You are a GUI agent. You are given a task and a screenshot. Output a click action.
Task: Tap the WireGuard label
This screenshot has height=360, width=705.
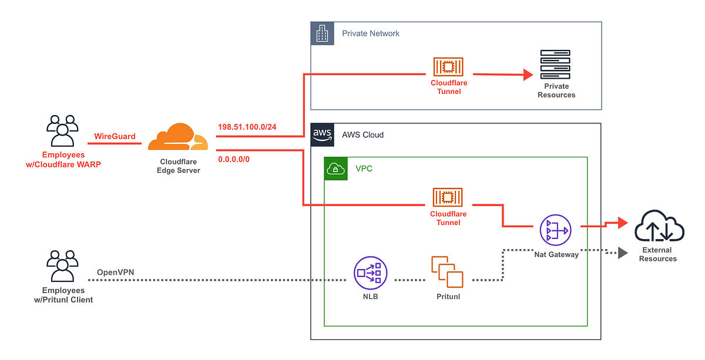(115, 136)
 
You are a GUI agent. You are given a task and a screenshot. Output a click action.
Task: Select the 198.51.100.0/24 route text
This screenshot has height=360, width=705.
(247, 127)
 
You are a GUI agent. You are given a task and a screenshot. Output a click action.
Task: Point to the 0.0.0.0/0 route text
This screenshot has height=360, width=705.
(234, 159)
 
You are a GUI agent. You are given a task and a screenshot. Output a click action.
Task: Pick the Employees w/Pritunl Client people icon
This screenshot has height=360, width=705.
(63, 267)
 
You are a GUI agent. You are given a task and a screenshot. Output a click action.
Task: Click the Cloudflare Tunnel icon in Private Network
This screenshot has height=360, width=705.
(449, 66)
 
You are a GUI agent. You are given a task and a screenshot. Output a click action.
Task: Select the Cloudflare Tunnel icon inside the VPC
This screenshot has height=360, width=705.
(449, 197)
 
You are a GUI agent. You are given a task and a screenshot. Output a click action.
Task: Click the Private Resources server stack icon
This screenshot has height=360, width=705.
(556, 65)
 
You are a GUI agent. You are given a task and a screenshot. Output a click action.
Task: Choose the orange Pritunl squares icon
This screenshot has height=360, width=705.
(446, 271)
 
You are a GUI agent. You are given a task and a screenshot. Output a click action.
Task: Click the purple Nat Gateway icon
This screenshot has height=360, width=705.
(555, 230)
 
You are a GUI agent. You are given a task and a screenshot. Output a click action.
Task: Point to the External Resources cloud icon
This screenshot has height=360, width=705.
(658, 227)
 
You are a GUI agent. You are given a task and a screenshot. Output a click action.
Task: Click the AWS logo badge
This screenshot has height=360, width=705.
(322, 134)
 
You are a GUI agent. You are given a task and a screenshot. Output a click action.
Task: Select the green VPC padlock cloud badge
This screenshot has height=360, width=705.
(335, 169)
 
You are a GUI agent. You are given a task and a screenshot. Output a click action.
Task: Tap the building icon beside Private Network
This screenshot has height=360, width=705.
(321, 33)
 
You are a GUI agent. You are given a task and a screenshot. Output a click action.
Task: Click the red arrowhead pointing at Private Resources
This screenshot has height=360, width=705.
(528, 75)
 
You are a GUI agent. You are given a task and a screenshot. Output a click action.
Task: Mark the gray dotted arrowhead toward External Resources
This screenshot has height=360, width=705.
(622, 253)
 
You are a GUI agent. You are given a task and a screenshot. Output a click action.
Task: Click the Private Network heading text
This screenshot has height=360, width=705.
(371, 33)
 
